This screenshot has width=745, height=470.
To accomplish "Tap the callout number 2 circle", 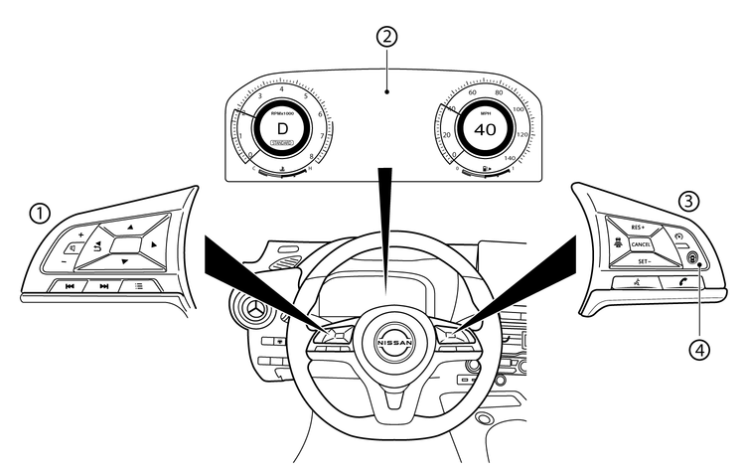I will [388, 38].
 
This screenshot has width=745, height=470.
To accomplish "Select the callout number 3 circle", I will [686, 199].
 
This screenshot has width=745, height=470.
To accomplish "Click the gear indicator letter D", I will [282, 129].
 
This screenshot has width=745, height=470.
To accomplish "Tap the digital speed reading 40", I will [485, 130].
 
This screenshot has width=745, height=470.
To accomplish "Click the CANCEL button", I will [641, 244].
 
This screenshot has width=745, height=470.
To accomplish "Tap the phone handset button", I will [686, 282].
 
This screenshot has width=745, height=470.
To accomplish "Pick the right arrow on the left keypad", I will [155, 243].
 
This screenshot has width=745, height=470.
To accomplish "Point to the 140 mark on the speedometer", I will [511, 158].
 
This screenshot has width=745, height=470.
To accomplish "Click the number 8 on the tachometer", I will [313, 157].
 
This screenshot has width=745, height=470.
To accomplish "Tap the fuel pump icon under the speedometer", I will [485, 170].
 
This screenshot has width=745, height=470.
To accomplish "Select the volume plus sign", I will [81, 235].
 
